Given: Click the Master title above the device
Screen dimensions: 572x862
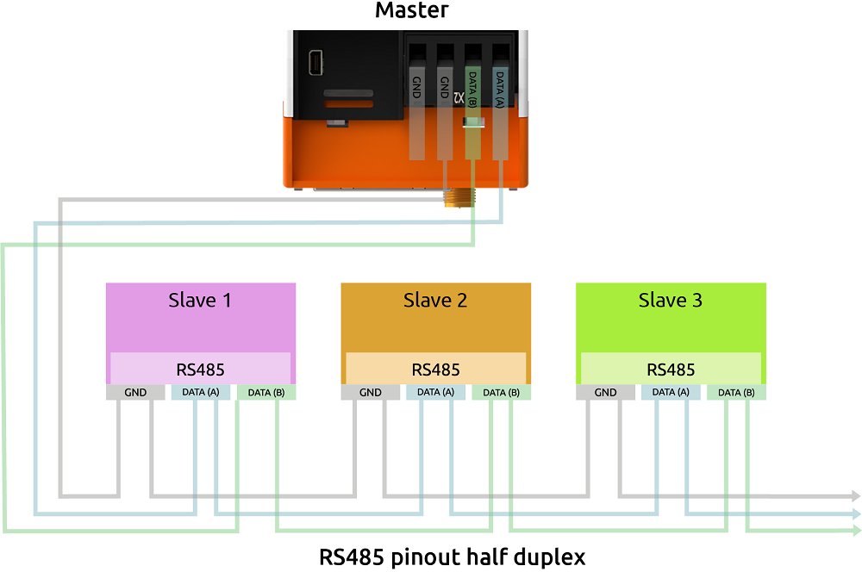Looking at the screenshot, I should click(x=412, y=11).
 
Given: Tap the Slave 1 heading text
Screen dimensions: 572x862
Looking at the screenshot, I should click(x=200, y=301).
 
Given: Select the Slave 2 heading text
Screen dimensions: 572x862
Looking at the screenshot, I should click(x=435, y=301).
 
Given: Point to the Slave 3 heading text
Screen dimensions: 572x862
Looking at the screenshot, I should click(x=670, y=301).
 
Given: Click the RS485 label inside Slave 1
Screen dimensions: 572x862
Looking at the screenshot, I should click(x=200, y=370).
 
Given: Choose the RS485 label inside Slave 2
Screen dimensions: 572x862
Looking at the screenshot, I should click(x=435, y=370).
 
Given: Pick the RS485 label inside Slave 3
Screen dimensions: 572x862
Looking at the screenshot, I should click(x=671, y=370).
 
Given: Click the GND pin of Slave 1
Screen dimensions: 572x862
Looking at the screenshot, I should click(x=135, y=393).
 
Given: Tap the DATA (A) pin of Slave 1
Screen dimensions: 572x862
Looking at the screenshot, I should click(x=200, y=393).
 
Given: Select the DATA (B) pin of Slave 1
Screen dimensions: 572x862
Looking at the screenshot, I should click(x=266, y=393).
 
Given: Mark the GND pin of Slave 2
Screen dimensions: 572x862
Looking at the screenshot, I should click(x=371, y=393).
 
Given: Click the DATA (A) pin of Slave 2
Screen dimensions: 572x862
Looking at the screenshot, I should click(x=435, y=393).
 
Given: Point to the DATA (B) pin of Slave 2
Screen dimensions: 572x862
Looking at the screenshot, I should click(x=502, y=393).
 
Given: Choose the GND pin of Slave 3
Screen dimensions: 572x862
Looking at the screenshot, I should click(x=606, y=393).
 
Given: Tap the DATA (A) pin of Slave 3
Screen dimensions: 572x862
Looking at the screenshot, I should click(x=671, y=393).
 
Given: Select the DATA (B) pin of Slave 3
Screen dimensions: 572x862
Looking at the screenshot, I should click(x=737, y=393).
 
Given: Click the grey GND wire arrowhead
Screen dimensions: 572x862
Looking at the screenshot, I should click(x=854, y=496).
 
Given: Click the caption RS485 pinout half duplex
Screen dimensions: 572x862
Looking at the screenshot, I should click(x=453, y=556).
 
